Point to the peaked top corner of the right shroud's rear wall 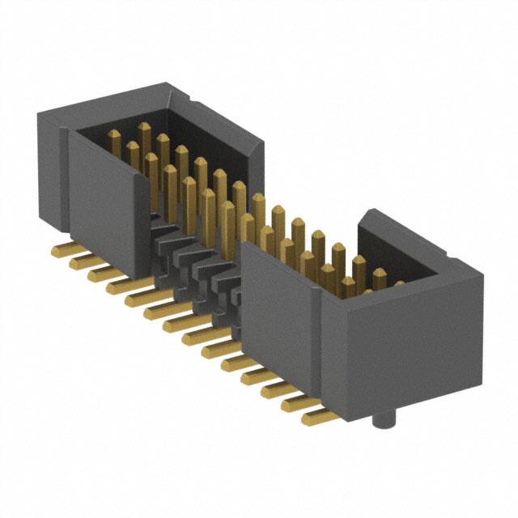coord(371,214)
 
